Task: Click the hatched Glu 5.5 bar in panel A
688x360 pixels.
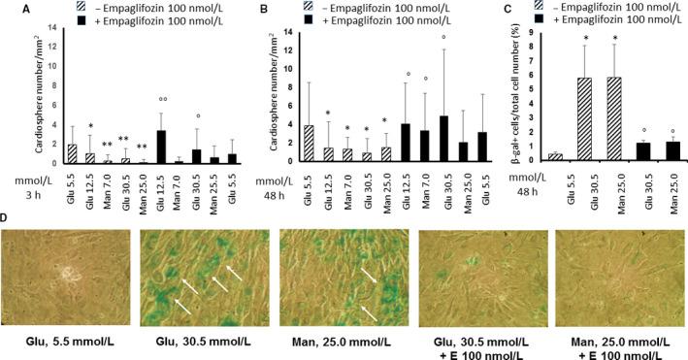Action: (x=72, y=153)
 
